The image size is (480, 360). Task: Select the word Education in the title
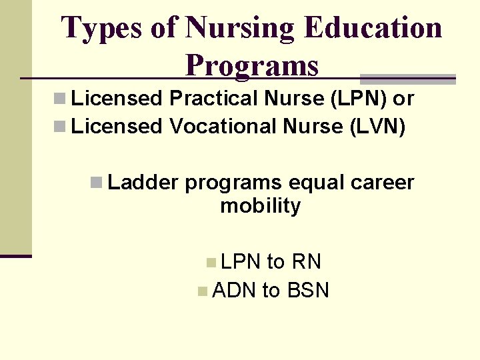coord(373,29)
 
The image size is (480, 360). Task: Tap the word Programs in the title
coord(252,65)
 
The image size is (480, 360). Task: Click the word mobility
coord(260,206)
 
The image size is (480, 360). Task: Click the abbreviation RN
coord(307,262)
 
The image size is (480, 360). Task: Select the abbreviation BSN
coord(307,291)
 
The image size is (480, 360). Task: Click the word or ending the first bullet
coord(403,99)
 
